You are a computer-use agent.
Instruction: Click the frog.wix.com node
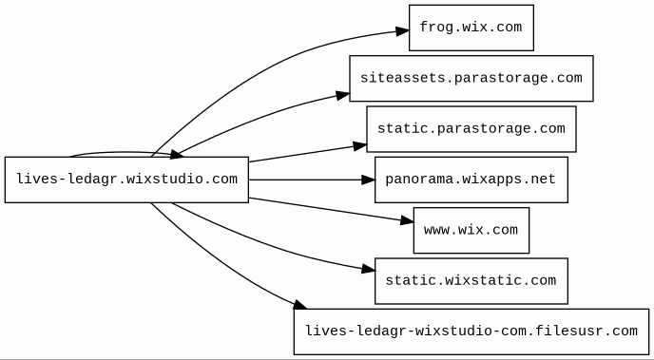(x=471, y=28)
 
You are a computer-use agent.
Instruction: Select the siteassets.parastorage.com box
(x=471, y=78)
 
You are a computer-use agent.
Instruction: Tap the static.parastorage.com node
(x=471, y=129)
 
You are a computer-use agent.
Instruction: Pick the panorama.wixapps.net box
(x=471, y=180)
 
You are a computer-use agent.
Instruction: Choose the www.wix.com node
(x=471, y=231)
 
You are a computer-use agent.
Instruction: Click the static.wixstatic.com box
(x=471, y=281)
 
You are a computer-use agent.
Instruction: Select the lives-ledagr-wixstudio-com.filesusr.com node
(x=471, y=332)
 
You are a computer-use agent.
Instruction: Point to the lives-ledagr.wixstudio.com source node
(x=126, y=180)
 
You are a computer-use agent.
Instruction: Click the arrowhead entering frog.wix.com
(x=402, y=30)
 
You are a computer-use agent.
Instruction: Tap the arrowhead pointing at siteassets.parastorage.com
(x=342, y=95)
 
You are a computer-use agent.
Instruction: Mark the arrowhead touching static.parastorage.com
(x=359, y=146)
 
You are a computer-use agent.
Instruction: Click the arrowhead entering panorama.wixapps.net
(x=368, y=180)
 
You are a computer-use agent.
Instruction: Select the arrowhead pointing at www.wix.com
(x=407, y=220)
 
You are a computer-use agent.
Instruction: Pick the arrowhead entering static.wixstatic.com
(x=368, y=270)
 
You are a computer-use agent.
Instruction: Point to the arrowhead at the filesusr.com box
(x=300, y=305)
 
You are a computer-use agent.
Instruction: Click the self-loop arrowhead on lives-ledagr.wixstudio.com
(x=177, y=155)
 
